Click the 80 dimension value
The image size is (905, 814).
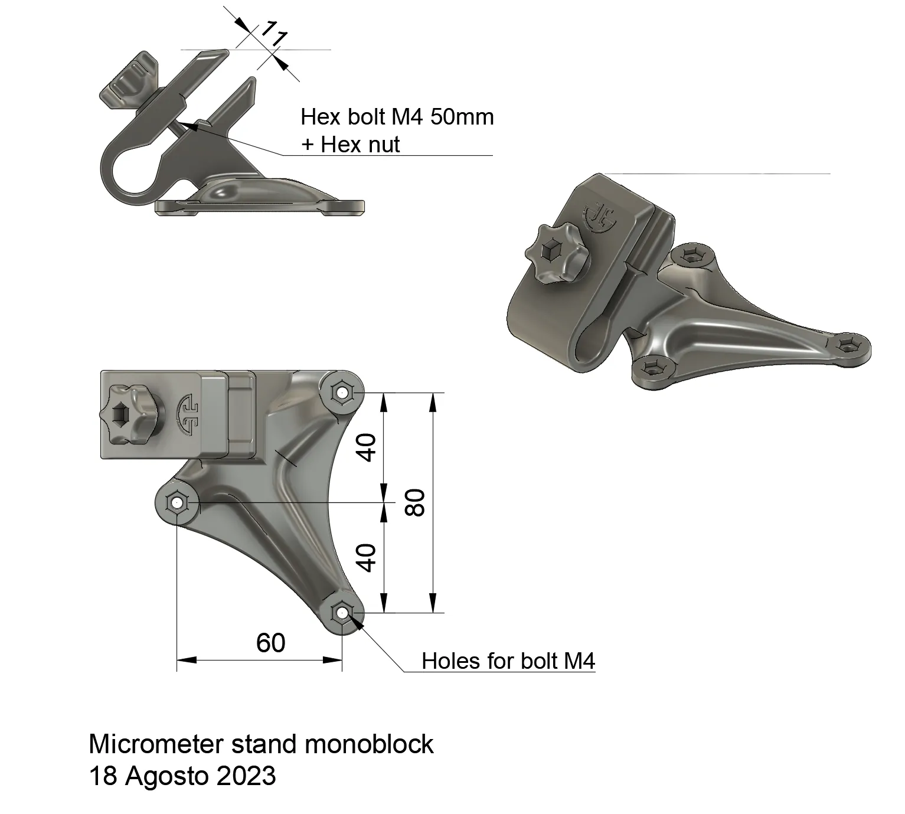pyautogui.click(x=416, y=502)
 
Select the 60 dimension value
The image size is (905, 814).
pyautogui.click(x=271, y=643)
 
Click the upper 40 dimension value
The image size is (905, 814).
pyautogui.click(x=367, y=447)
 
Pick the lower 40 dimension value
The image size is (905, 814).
pyautogui.click(x=367, y=558)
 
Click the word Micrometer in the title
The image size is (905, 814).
pyautogui.click(x=156, y=744)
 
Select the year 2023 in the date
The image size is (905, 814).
pyautogui.click(x=246, y=776)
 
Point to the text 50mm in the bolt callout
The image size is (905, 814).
pyautogui.click(x=462, y=117)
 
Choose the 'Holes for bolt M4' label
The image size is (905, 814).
pyautogui.click(x=508, y=661)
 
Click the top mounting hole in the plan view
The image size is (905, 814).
pyautogui.click(x=341, y=391)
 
